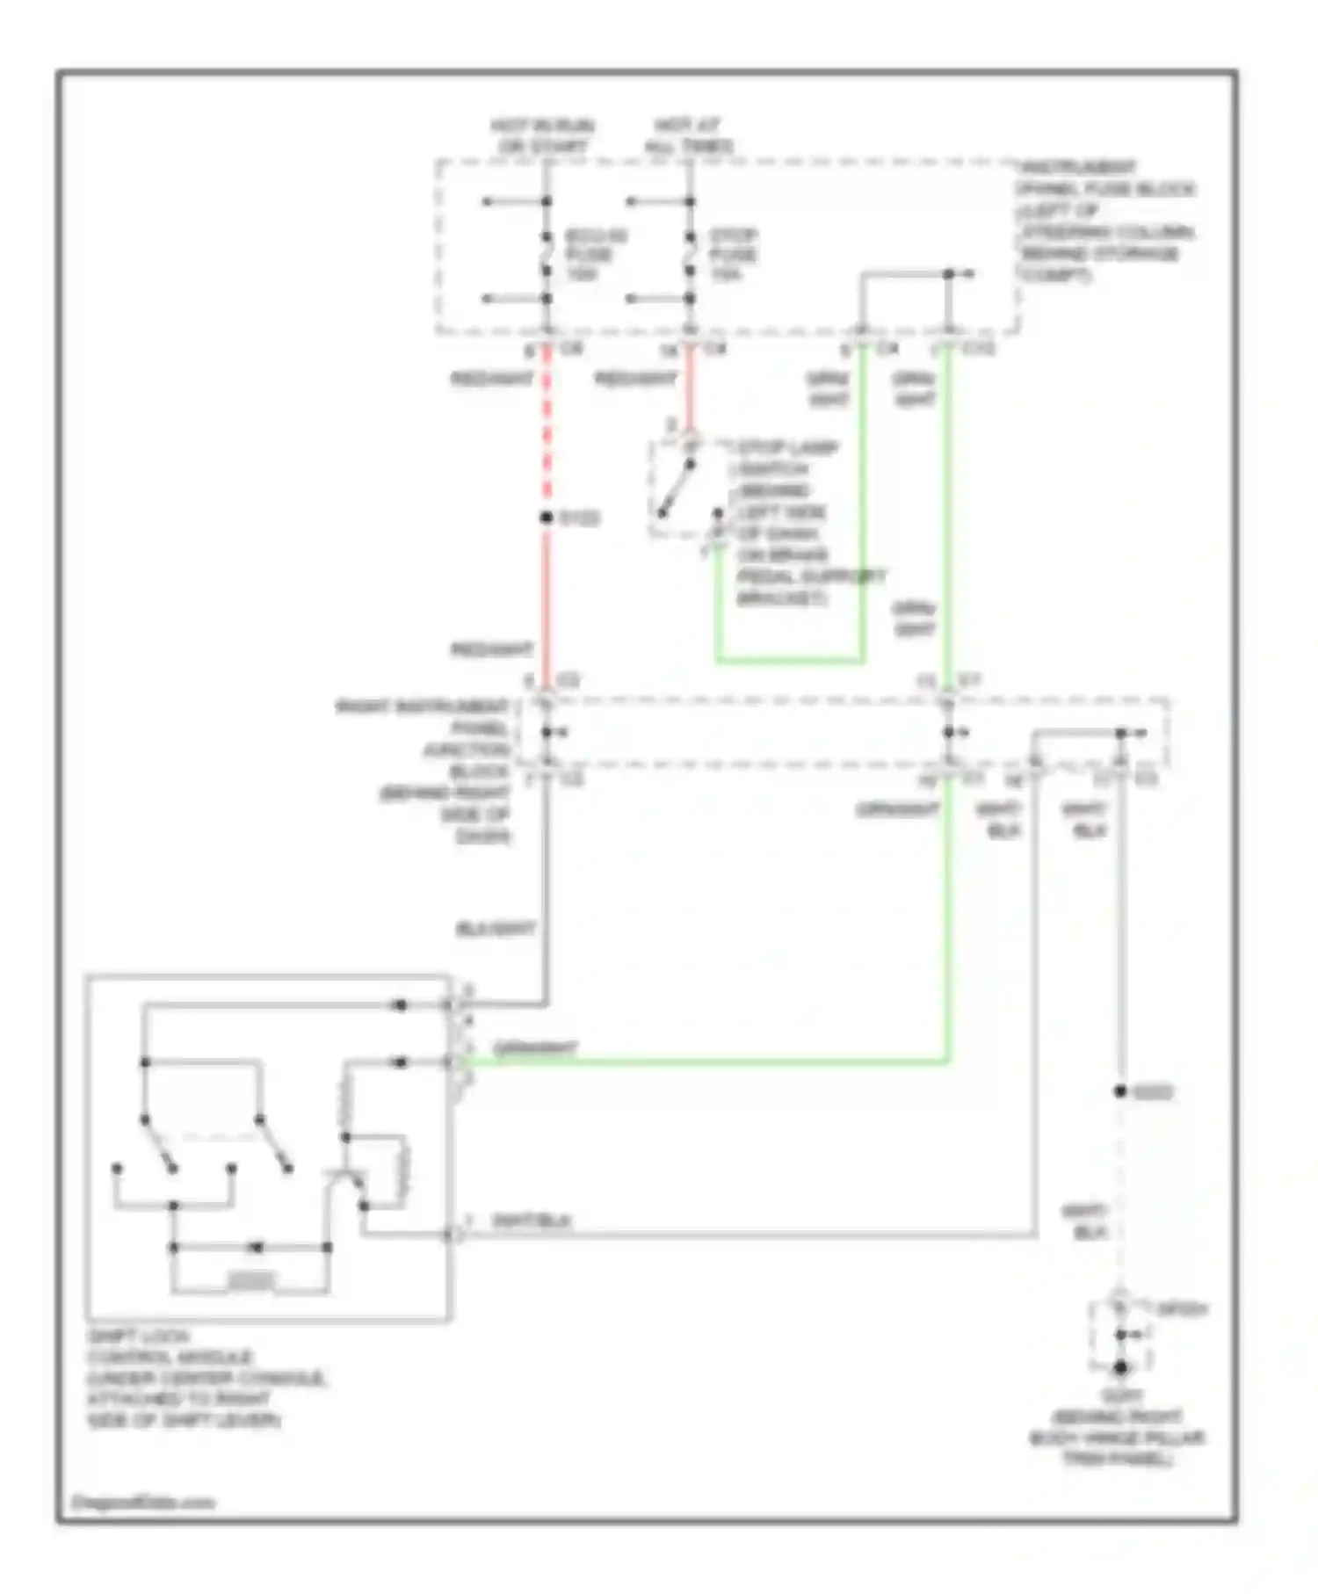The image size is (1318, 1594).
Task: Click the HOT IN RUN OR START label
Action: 542,136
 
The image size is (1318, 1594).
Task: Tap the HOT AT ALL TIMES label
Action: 688,136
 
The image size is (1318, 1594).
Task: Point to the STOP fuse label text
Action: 733,255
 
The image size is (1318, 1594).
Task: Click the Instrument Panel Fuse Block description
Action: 1105,221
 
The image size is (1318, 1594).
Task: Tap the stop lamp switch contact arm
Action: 677,489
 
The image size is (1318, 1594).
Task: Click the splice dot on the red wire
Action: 546,518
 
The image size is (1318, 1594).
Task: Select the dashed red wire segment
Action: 546,431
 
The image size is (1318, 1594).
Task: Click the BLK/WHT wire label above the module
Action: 496,929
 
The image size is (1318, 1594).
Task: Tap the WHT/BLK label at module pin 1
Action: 532,1221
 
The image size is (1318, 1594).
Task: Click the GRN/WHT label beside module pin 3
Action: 534,1048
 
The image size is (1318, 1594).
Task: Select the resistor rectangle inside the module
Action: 250,1281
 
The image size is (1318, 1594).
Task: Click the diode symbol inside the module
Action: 256,1247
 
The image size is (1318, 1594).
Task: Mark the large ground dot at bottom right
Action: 1120,1368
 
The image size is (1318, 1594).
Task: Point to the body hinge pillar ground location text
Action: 1117,1428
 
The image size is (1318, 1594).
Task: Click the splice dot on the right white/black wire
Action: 1120,1091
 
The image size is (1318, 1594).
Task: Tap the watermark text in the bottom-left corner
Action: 143,1502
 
